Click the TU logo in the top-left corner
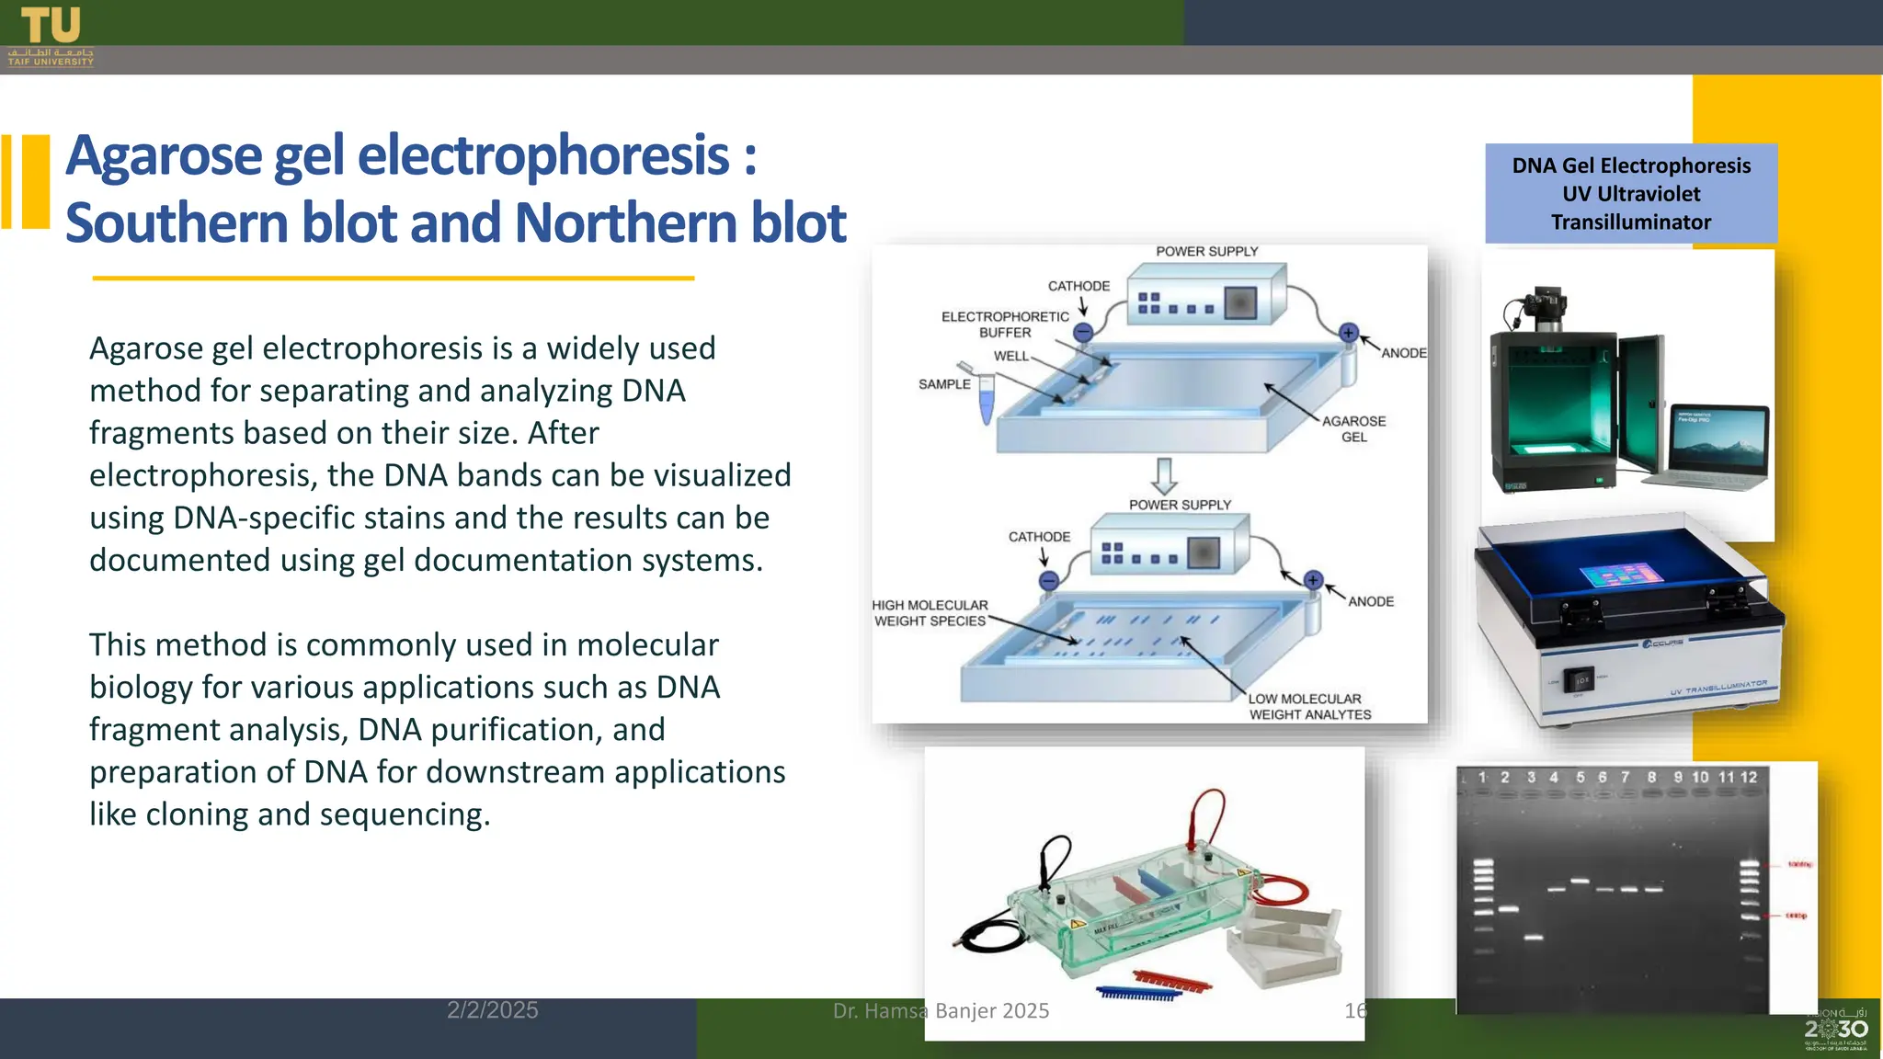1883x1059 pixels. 51,35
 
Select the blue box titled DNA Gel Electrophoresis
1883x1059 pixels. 1630,193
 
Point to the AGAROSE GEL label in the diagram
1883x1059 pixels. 1353,428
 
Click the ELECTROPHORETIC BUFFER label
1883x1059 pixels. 1005,324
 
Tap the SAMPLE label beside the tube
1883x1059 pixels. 944,384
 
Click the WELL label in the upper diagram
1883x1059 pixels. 1010,356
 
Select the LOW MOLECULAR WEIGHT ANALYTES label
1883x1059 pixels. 1309,706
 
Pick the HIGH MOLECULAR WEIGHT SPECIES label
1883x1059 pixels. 930,612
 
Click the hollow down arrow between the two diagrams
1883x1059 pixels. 1164,475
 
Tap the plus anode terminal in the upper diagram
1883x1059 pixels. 1348,333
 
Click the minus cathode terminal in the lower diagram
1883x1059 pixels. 1049,580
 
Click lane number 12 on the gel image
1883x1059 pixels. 1749,778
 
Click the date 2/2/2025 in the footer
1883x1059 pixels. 493,1010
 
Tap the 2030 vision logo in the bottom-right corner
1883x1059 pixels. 1835,1030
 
